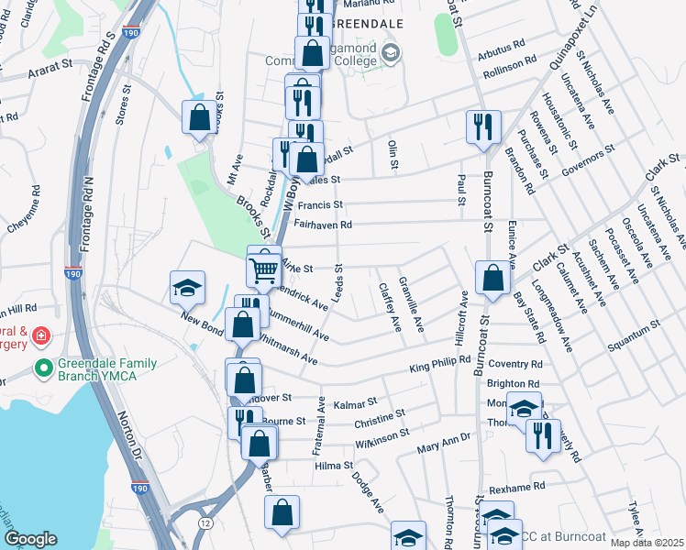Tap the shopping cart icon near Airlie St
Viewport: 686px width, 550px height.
(264, 269)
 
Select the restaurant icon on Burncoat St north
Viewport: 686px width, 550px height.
(483, 126)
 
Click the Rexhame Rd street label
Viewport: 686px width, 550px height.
(517, 487)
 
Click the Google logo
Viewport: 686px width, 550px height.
(30, 539)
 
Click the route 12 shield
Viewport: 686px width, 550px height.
(204, 522)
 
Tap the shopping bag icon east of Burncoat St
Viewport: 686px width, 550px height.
(493, 279)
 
